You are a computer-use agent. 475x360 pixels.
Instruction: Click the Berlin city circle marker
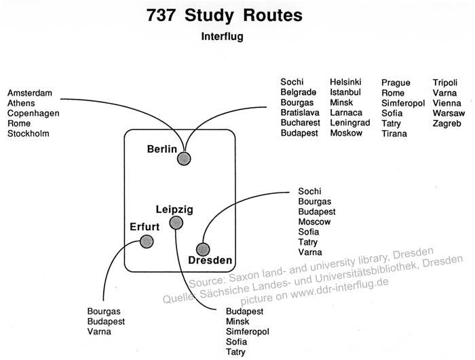(x=183, y=159)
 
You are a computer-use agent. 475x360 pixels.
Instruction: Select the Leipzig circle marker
(x=176, y=222)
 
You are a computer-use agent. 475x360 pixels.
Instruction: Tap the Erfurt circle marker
(x=146, y=239)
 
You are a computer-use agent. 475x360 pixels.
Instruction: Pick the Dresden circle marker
(x=202, y=249)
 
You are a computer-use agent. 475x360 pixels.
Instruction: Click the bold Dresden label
(x=210, y=260)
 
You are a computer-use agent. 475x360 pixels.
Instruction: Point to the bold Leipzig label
(x=174, y=209)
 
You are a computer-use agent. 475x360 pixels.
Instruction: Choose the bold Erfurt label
(x=145, y=226)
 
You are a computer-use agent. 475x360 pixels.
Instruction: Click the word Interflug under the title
(x=222, y=37)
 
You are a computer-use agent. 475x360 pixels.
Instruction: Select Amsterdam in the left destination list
(x=30, y=93)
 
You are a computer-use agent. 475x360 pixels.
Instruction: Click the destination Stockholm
(x=28, y=134)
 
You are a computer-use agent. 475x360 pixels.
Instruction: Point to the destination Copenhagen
(x=33, y=113)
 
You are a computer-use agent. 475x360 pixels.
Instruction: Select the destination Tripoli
(x=446, y=83)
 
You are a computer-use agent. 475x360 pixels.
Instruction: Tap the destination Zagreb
(x=446, y=123)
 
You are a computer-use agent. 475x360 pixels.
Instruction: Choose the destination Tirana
(x=394, y=134)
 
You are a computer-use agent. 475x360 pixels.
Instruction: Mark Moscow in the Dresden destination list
(x=314, y=222)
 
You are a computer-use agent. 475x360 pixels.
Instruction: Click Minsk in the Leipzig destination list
(x=238, y=322)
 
